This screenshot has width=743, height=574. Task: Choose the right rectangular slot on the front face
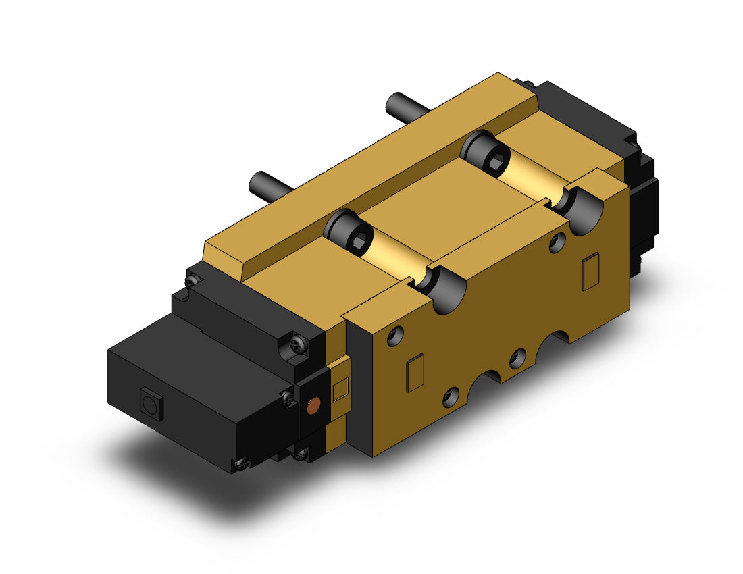click(x=590, y=271)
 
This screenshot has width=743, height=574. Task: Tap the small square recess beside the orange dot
click(x=340, y=390)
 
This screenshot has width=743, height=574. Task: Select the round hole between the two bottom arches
click(x=517, y=359)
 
